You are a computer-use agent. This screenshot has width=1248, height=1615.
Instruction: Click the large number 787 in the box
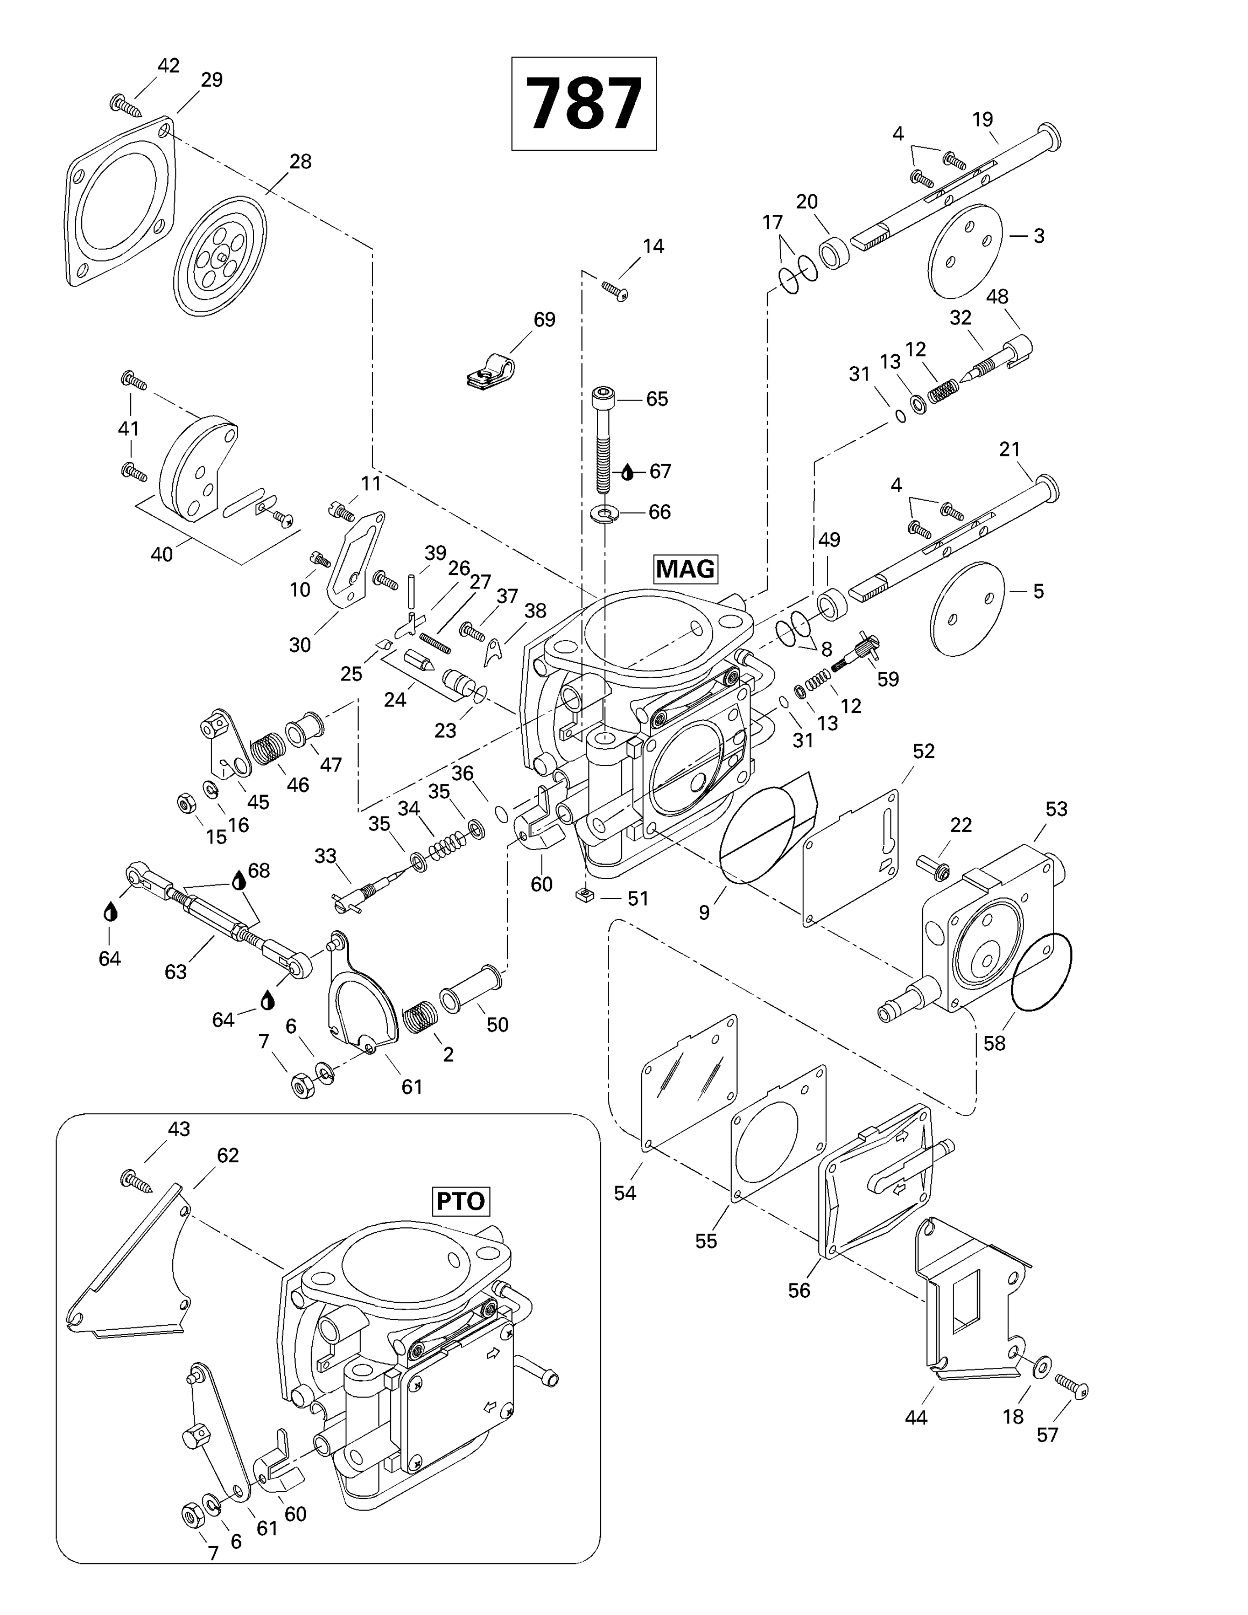pyautogui.click(x=583, y=103)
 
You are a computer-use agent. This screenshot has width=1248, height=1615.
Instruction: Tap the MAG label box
pyautogui.click(x=685, y=568)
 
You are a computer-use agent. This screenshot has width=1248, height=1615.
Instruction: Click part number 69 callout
pyautogui.click(x=544, y=319)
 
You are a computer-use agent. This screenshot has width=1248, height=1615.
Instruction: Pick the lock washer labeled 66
pyautogui.click(x=605, y=512)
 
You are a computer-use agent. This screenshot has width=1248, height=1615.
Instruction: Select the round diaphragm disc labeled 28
pyautogui.click(x=220, y=256)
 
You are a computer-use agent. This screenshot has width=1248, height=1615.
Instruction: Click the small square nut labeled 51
pyautogui.click(x=584, y=897)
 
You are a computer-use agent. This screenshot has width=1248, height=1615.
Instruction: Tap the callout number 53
pyautogui.click(x=1056, y=809)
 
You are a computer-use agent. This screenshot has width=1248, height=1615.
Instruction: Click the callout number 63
pyautogui.click(x=175, y=971)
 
